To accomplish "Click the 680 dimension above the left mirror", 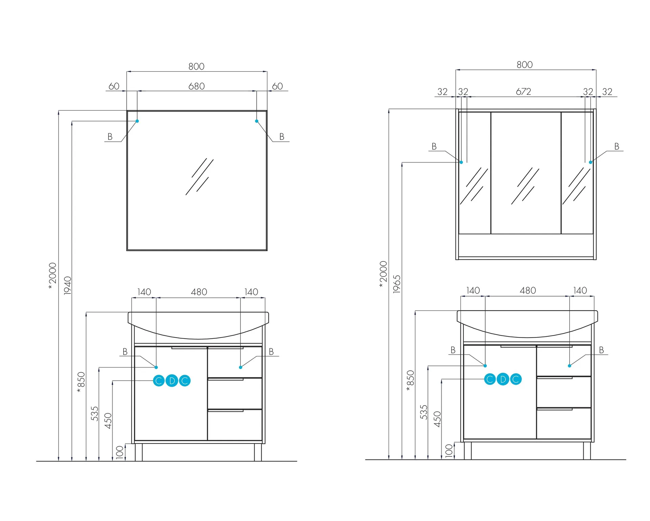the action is click(196, 86).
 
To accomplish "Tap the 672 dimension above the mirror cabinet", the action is click(523, 92).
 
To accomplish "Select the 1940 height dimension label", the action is click(68, 285).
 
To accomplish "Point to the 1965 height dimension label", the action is click(397, 284).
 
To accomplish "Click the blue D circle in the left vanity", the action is click(172, 381).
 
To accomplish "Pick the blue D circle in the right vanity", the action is click(503, 379).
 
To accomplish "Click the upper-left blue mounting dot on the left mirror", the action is click(137, 121).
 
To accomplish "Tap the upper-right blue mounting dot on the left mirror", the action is click(257, 121).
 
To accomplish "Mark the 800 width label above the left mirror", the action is click(196, 66).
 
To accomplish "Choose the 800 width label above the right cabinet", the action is click(524, 65).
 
